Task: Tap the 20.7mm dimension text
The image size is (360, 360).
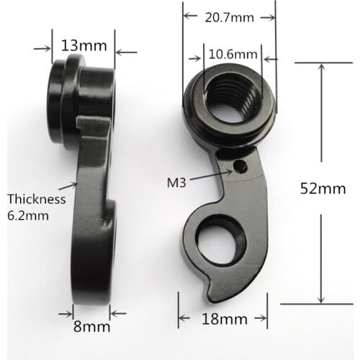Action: [x=228, y=17]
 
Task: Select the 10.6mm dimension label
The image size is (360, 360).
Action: [x=233, y=55]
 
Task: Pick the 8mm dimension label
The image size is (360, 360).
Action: [x=91, y=326]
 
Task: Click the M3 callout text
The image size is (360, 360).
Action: [x=176, y=182]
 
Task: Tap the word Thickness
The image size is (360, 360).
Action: [x=36, y=199]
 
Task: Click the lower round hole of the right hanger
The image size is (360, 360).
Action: [x=220, y=240]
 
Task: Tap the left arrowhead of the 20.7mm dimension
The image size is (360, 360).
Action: [x=186, y=17]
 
